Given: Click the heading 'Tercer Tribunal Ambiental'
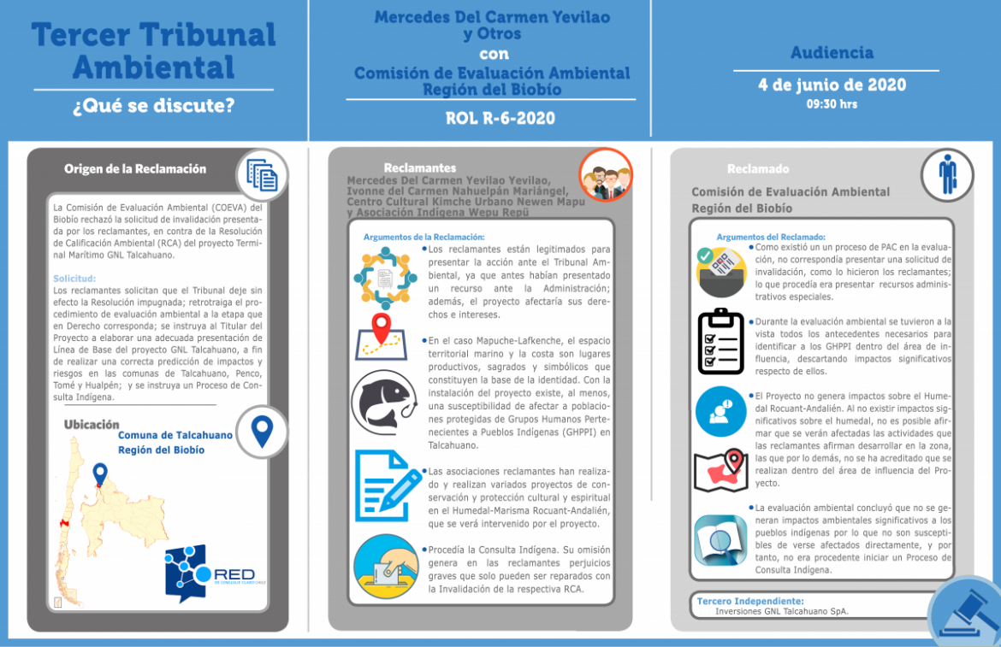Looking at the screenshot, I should (154, 50).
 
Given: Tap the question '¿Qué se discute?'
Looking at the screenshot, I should (154, 107).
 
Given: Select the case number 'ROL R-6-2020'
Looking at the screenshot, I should (500, 118).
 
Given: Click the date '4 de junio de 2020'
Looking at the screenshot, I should (832, 85).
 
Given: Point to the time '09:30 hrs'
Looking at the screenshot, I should (832, 104).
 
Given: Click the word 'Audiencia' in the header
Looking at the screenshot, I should (832, 53).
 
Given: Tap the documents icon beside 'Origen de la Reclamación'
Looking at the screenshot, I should (262, 174).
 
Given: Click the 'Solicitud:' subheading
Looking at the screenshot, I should (74, 279).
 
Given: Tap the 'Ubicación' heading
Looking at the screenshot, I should (92, 425).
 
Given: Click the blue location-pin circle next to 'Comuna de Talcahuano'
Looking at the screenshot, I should (262, 429).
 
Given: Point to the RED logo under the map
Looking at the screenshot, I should (214, 573).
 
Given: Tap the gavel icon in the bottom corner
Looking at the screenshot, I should (965, 612).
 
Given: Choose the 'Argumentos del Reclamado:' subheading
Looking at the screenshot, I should (771, 237).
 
